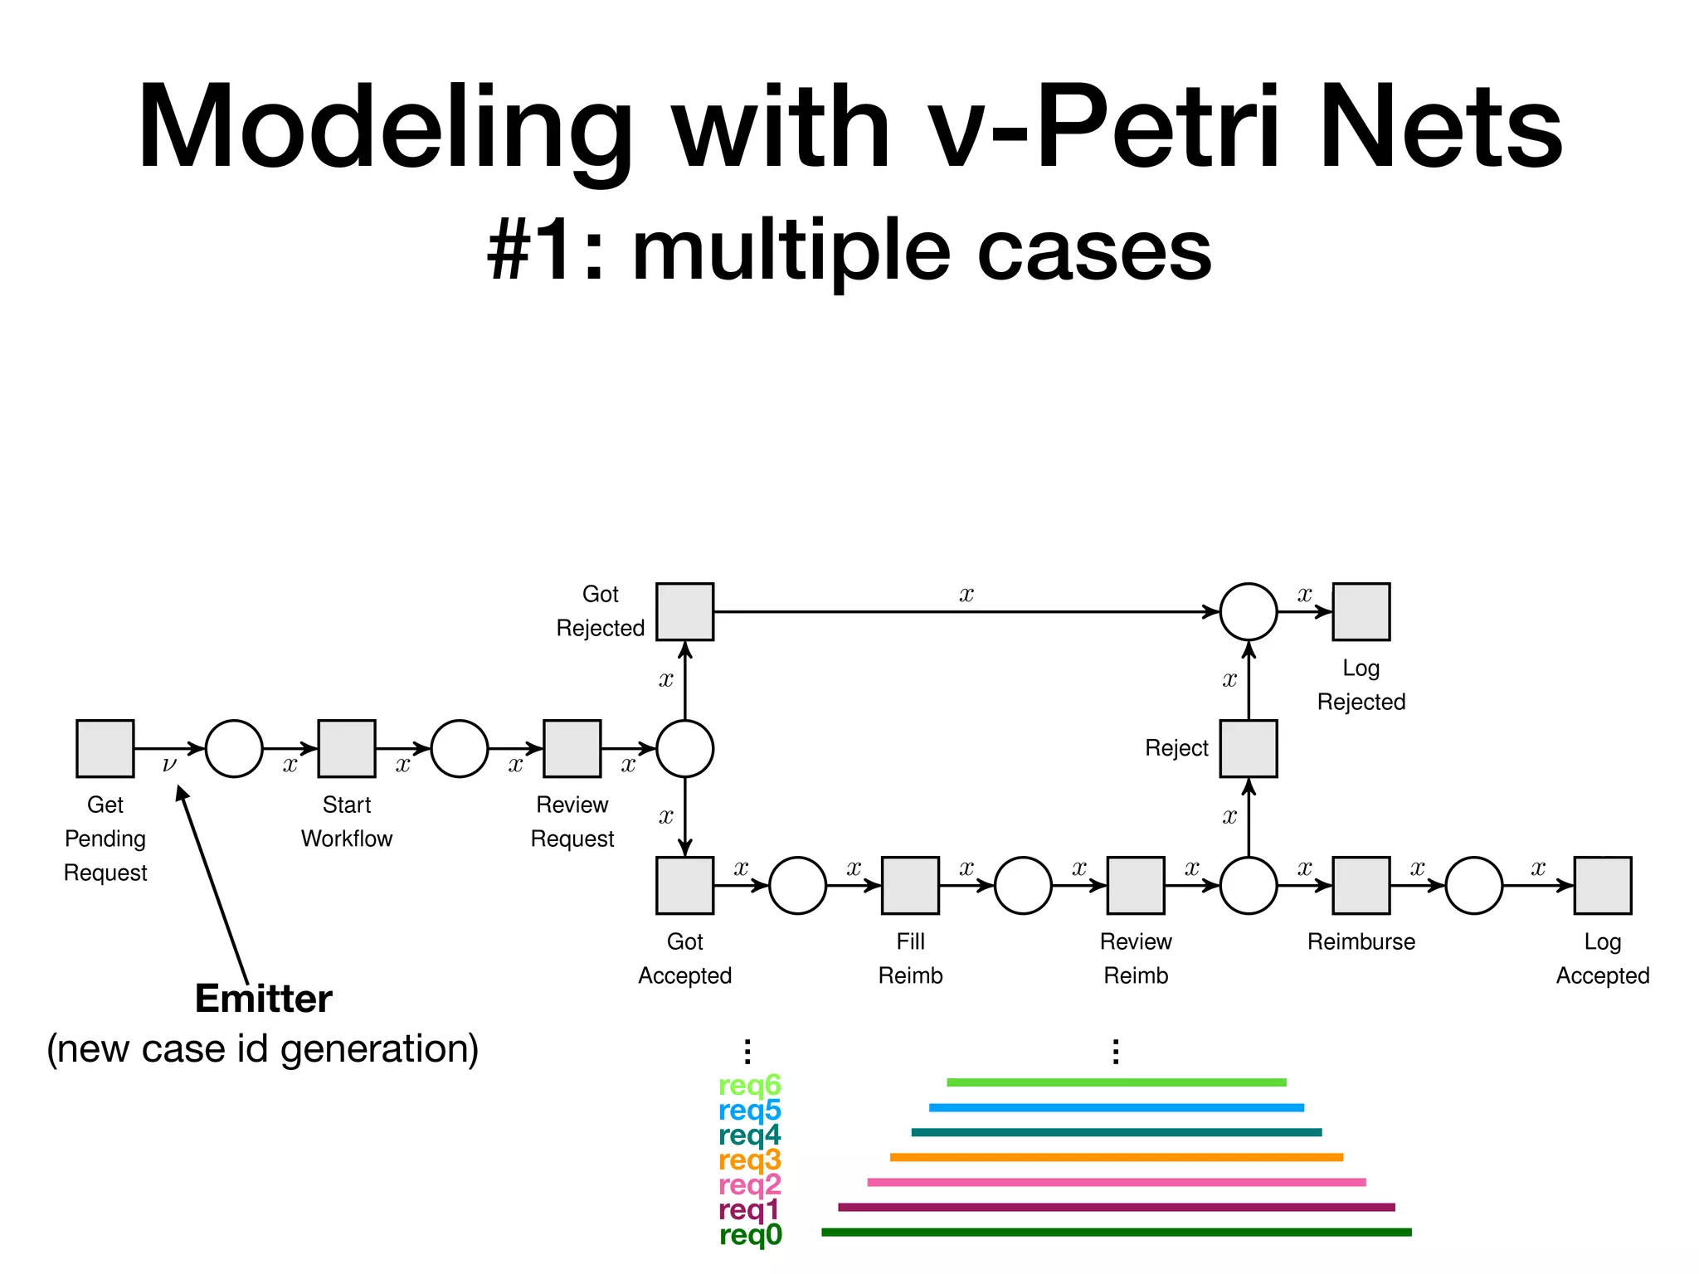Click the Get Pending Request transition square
(x=105, y=748)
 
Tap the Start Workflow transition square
(x=347, y=748)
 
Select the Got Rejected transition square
(x=684, y=611)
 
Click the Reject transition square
(x=1248, y=748)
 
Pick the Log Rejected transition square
(x=1361, y=611)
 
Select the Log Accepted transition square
(x=1602, y=885)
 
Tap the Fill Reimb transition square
(x=910, y=885)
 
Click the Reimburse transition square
(x=1361, y=885)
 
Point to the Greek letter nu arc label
(x=169, y=765)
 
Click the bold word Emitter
(x=263, y=999)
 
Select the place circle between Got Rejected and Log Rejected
(x=1248, y=611)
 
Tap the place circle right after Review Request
(x=684, y=748)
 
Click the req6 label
(x=749, y=1085)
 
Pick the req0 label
(x=750, y=1235)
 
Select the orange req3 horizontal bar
(x=1116, y=1157)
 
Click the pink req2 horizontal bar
(x=1116, y=1182)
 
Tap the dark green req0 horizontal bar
(x=1116, y=1233)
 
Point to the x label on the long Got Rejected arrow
(x=966, y=595)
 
